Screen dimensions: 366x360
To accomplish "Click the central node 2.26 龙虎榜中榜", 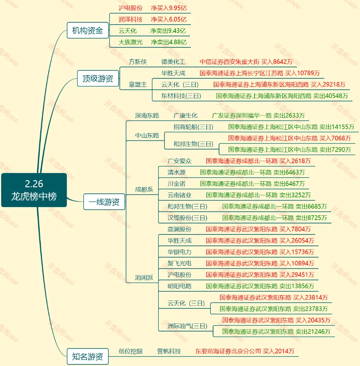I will tap(34, 190).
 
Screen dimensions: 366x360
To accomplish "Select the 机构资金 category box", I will tap(87, 31).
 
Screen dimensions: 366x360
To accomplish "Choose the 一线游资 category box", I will tap(104, 202).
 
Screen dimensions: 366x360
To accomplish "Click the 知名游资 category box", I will tap(87, 357).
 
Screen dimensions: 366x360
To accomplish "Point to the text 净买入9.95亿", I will tap(168, 8).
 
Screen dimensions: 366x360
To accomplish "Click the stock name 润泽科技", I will tap(130, 19).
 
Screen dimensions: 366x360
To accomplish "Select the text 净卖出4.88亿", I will tap(168, 42).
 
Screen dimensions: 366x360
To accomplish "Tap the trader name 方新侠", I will tap(138, 62).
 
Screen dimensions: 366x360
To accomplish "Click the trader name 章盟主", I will tap(138, 85).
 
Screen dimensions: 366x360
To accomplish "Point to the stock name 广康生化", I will tap(185, 115).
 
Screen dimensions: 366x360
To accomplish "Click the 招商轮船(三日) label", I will tap(194, 127).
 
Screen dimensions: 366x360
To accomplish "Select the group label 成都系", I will tap(144, 189).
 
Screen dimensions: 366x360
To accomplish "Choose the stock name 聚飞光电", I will tap(179, 263).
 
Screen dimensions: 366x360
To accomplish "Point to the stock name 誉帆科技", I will tap(169, 351).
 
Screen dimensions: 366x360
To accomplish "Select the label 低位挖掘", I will tap(130, 351).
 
